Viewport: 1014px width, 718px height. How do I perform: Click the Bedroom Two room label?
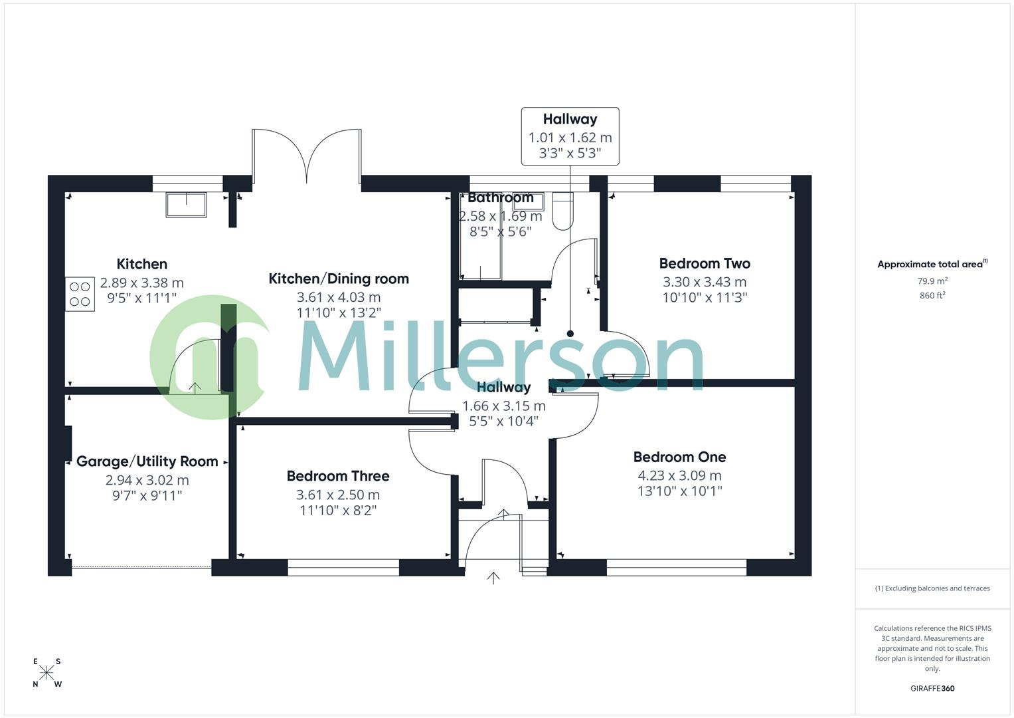click(x=705, y=263)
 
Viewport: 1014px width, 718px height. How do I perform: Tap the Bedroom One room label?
click(x=679, y=457)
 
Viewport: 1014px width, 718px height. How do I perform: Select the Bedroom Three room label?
click(x=338, y=476)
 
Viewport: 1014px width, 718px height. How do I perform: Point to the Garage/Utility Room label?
click(x=147, y=461)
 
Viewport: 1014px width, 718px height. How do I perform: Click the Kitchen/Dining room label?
click(x=339, y=279)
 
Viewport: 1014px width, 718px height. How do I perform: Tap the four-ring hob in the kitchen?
click(x=80, y=294)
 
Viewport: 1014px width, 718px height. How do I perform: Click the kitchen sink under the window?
click(x=187, y=205)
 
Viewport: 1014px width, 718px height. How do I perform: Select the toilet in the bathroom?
click(x=562, y=211)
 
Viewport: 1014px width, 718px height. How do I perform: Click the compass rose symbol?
click(x=46, y=673)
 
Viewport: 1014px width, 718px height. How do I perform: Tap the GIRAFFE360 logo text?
click(x=932, y=689)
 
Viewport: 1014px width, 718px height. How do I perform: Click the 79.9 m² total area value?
click(x=932, y=281)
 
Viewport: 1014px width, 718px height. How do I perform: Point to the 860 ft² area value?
click(x=932, y=296)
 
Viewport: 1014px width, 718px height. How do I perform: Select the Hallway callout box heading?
click(x=570, y=119)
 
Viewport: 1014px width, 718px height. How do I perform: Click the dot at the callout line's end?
click(x=570, y=334)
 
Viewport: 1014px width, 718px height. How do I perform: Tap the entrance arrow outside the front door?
click(x=493, y=578)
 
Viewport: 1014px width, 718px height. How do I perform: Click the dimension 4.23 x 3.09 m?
click(x=679, y=475)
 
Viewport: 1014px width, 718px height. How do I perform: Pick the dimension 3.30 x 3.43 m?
click(x=705, y=282)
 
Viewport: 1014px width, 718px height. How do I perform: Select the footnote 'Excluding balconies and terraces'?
click(x=932, y=588)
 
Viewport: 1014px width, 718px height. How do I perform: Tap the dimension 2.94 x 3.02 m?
click(x=147, y=480)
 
